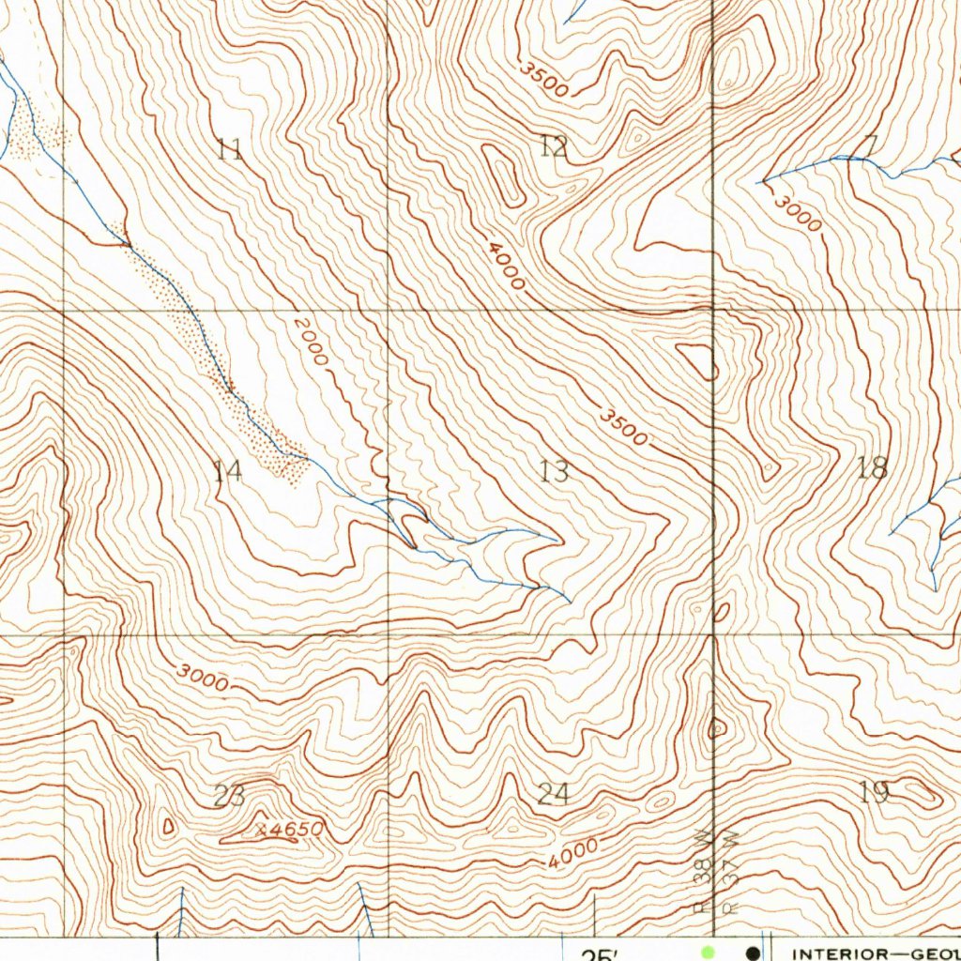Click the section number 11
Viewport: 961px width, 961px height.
[x=230, y=149]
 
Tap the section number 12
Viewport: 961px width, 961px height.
[x=554, y=145]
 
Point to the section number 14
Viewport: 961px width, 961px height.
[x=228, y=470]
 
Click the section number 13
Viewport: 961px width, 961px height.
[x=555, y=470]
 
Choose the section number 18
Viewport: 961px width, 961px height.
[x=873, y=467]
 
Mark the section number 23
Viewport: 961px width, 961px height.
[x=229, y=796]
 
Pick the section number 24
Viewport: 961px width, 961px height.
[x=554, y=795]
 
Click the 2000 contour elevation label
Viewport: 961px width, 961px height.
[x=311, y=342]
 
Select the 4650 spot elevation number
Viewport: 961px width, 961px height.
[x=297, y=830]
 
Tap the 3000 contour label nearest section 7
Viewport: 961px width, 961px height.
[x=799, y=215]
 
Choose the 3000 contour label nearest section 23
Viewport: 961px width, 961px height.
[x=202, y=678]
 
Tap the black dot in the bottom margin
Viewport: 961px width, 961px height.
[x=752, y=953]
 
